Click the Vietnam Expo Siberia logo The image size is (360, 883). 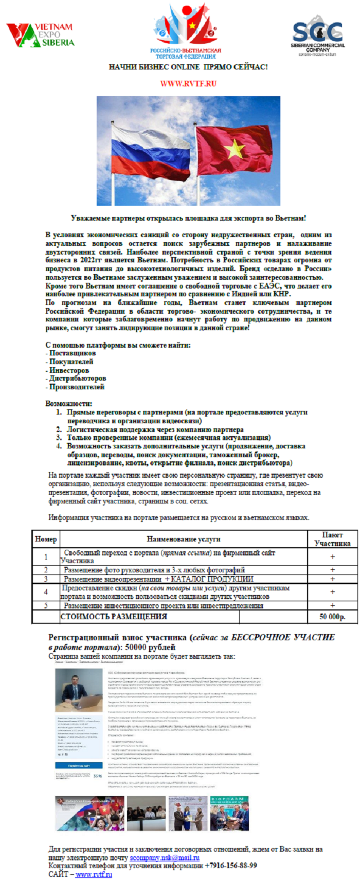[40, 35]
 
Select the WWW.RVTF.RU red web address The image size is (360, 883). [188, 83]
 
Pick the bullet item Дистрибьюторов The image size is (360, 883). [77, 379]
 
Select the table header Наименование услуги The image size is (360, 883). [184, 539]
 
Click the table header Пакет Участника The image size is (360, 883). [332, 539]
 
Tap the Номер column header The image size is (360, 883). [46, 539]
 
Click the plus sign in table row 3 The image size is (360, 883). [332, 579]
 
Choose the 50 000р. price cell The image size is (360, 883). [332, 617]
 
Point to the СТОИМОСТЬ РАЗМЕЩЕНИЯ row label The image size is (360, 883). [114, 617]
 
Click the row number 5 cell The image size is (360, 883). [46, 605]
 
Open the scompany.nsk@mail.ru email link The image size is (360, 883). [165, 858]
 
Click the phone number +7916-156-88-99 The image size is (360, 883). [231, 866]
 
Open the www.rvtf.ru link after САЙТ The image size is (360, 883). [94, 874]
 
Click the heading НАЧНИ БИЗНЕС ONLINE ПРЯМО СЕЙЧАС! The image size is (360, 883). [188, 67]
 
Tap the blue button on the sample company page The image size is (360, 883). [79, 765]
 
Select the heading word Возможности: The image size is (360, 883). [69, 404]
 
